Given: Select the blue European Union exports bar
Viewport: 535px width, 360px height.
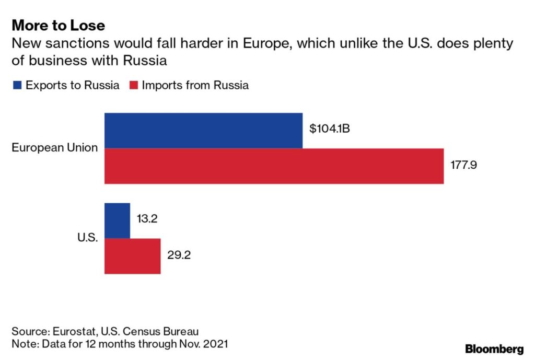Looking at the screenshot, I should pos(203,130).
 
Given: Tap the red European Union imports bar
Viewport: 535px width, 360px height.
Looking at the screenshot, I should pos(274,166).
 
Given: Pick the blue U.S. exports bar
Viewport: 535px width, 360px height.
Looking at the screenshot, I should pos(117,220).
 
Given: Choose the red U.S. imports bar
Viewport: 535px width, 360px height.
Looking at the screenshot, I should pos(132,256).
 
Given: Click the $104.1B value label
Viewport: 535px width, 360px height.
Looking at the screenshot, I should pos(329,129).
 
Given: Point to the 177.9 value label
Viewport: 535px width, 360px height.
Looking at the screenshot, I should pos(463,166).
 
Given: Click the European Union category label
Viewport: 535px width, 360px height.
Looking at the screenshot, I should pos(55,148).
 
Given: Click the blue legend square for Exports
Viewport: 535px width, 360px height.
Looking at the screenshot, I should pos(16,85).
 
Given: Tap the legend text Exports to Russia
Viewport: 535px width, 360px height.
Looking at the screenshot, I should pos(72,85).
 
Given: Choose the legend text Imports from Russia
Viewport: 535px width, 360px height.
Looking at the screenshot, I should pos(195,85).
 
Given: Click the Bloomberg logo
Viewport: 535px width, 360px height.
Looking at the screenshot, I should pos(494,349).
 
